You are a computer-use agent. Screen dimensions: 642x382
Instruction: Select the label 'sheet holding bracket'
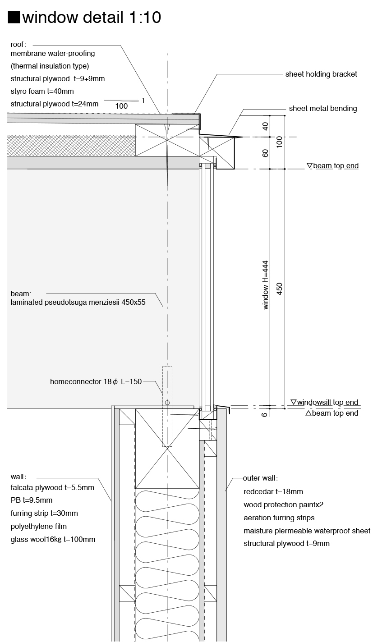(321, 74)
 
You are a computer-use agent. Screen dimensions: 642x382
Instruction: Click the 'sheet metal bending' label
(323, 108)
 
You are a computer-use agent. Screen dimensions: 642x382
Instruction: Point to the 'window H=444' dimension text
(266, 285)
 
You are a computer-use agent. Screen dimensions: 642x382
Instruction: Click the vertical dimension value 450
(279, 289)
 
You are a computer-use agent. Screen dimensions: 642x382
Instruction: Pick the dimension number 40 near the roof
(266, 126)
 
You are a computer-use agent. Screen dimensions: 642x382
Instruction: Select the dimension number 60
(266, 153)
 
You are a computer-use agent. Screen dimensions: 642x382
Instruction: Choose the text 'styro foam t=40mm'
(42, 91)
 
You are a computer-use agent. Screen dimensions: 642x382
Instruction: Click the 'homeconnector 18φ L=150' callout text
(96, 381)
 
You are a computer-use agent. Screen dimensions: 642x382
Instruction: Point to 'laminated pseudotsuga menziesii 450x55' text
(78, 302)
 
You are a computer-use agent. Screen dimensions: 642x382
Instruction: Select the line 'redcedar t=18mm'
(273, 491)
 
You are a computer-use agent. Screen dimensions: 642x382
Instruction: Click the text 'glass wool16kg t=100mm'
(53, 539)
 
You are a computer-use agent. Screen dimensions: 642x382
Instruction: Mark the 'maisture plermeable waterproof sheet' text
(307, 531)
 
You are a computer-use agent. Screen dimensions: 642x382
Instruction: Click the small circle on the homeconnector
(167, 402)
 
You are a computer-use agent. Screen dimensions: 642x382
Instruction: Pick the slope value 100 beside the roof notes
(121, 106)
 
